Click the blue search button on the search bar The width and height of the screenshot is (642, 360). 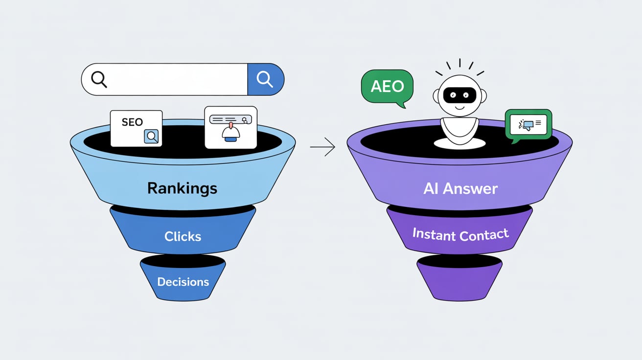click(x=266, y=79)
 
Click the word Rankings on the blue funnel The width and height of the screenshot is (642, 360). click(x=183, y=188)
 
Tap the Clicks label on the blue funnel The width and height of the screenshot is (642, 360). click(x=183, y=236)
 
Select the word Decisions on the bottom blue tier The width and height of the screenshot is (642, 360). click(x=183, y=282)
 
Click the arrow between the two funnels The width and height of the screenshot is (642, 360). click(x=323, y=146)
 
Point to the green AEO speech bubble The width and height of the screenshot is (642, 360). click(x=387, y=87)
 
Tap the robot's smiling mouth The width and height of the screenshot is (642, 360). click(x=459, y=107)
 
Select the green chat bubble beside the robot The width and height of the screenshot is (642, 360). click(x=528, y=124)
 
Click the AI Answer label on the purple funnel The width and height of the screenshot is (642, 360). click(x=460, y=189)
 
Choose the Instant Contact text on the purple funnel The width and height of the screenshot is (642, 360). click(x=460, y=235)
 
